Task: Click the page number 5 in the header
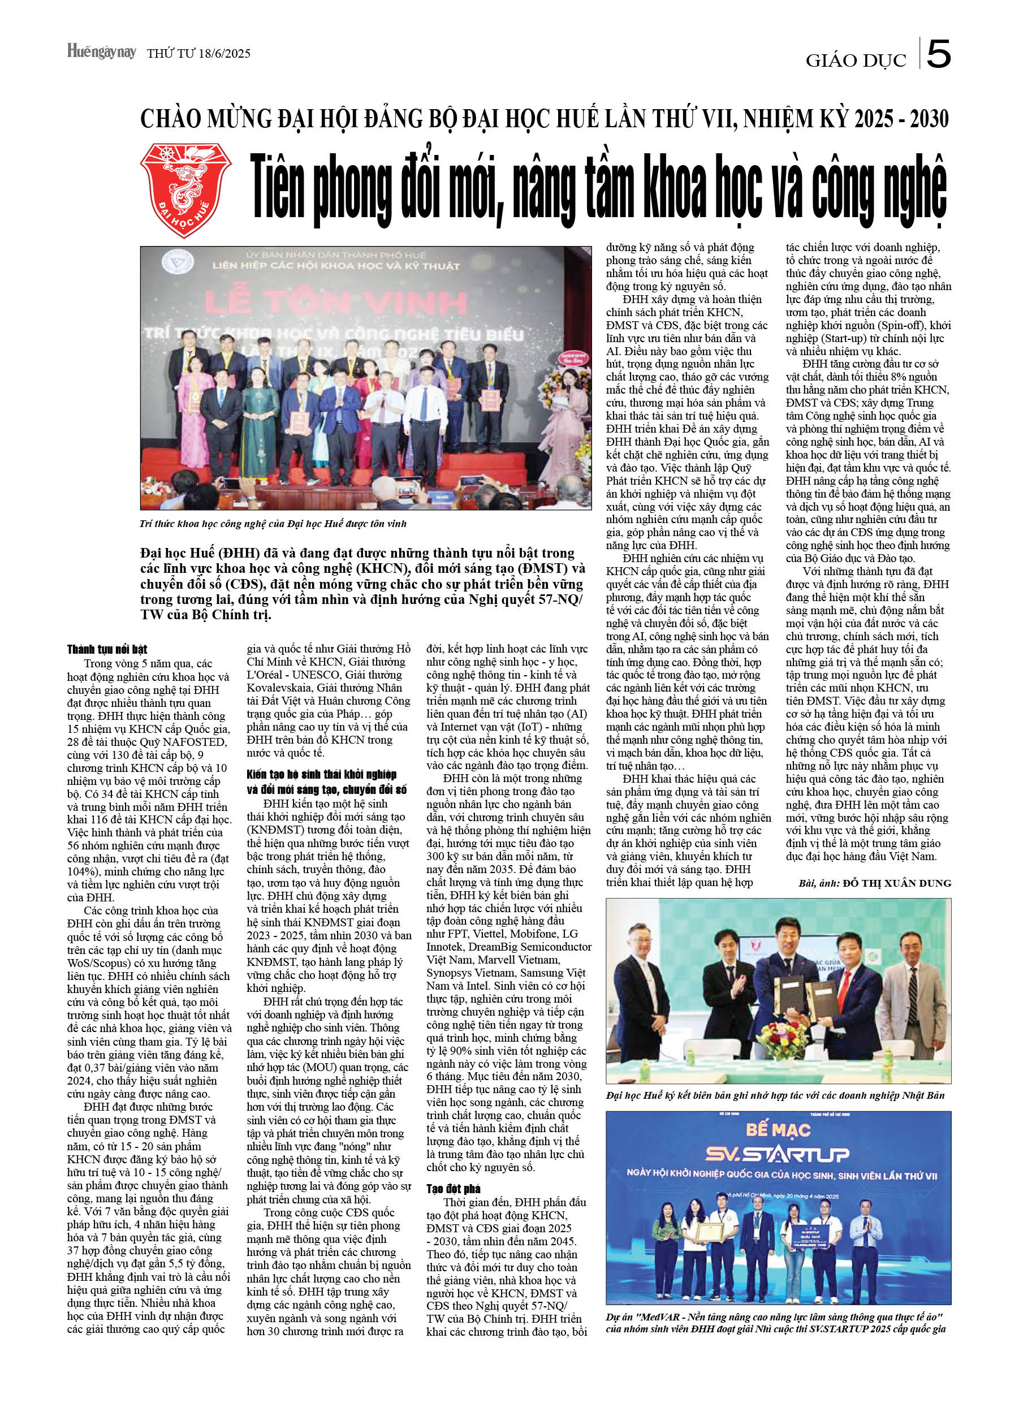938,55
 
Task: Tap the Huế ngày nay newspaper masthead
101,52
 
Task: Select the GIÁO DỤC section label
855,61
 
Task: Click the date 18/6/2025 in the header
223,54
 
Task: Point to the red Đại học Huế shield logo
185,189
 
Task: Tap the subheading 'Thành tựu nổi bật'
107,649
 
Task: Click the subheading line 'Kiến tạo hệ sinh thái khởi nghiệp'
321,775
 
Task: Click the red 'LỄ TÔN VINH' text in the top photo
335,303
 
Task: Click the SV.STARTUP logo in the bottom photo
777,1154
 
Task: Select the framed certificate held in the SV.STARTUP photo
709,1245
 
